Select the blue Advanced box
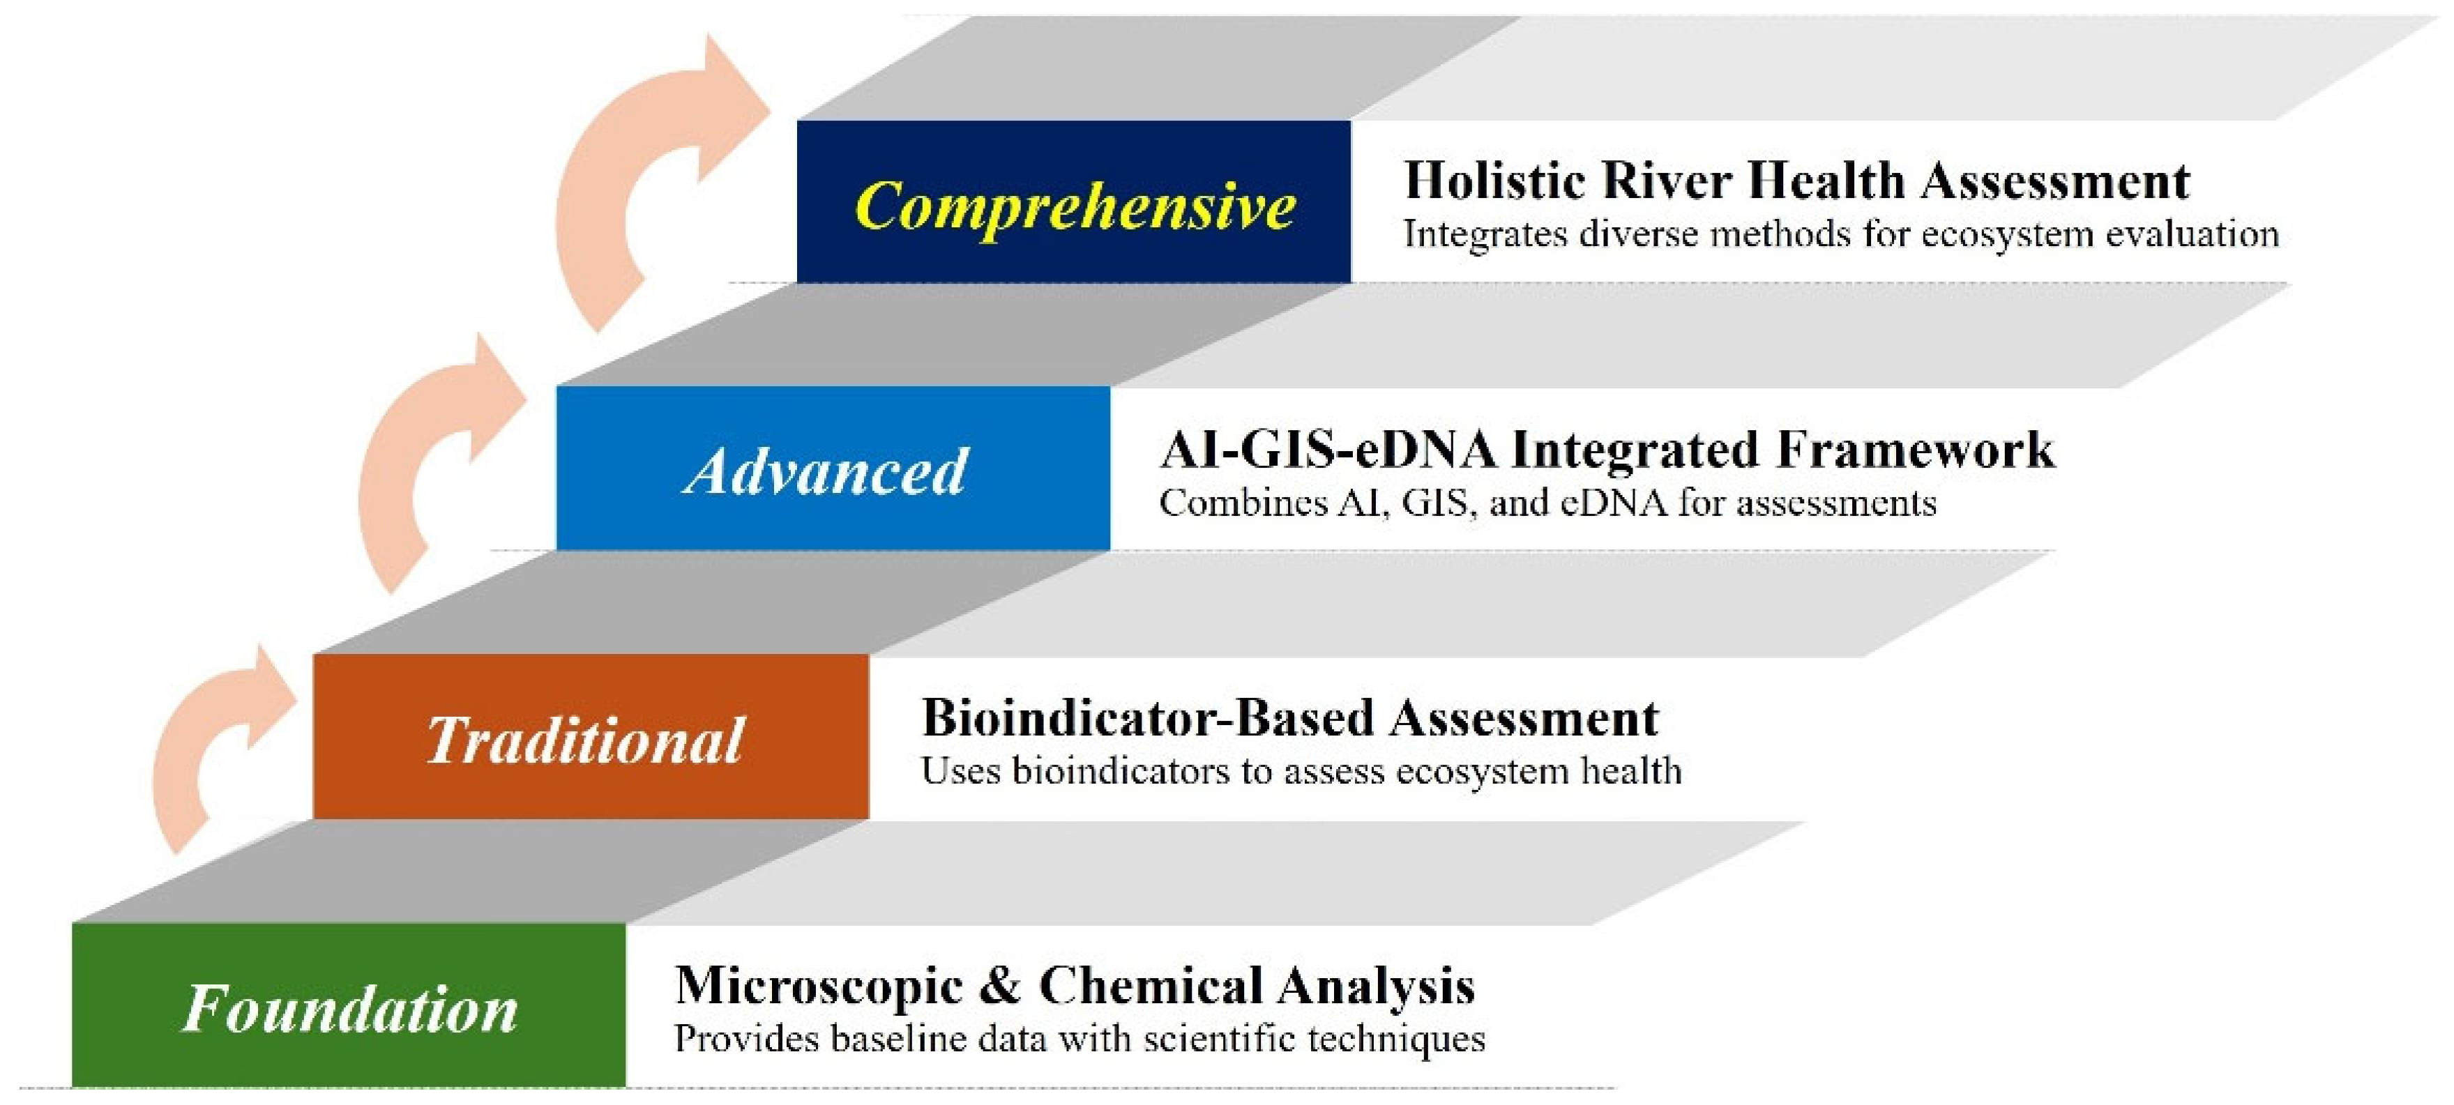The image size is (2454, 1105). tap(833, 468)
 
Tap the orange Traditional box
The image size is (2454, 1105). tap(591, 736)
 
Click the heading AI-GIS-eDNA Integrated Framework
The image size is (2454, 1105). tap(1607, 450)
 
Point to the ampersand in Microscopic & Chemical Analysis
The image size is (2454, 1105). tap(999, 986)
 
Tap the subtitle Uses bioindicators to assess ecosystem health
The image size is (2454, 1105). tap(1301, 770)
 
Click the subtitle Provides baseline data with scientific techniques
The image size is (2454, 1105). tap(1080, 1038)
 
